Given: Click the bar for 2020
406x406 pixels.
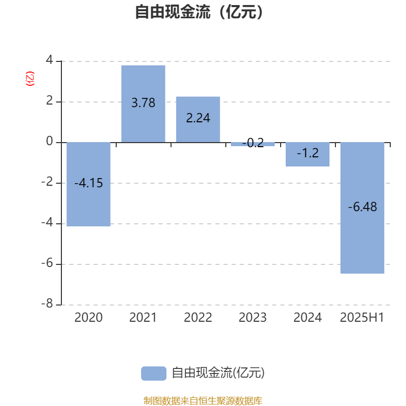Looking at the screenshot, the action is (x=88, y=184).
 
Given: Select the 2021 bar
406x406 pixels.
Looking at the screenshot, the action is (x=143, y=104).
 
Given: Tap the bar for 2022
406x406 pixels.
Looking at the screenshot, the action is (x=198, y=119).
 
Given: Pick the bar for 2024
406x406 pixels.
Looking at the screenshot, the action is (x=308, y=154).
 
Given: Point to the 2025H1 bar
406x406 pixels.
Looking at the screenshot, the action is (x=362, y=208).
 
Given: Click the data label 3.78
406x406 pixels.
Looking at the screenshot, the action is (x=143, y=103).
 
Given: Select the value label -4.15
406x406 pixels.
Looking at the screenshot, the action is (x=88, y=183).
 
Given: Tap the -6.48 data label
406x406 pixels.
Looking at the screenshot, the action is (x=362, y=207).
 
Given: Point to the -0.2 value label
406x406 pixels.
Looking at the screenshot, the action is (x=253, y=143).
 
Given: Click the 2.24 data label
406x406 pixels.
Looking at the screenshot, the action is (x=198, y=118).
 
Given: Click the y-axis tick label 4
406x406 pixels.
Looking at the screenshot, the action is (x=49, y=60).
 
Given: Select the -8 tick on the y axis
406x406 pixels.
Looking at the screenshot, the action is (x=47, y=303).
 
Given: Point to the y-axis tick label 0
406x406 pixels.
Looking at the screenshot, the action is (x=49, y=141).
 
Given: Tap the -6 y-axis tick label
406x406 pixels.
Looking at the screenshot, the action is (x=47, y=263).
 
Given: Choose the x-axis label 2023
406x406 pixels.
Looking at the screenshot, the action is (x=253, y=318).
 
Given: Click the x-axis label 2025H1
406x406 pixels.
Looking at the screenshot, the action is (x=362, y=318).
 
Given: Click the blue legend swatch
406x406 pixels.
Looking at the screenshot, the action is (x=154, y=374).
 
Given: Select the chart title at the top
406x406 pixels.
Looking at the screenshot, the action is (x=199, y=12).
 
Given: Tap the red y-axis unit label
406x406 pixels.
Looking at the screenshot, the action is (x=30, y=79).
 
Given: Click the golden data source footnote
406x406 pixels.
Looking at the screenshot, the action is (x=202, y=400).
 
